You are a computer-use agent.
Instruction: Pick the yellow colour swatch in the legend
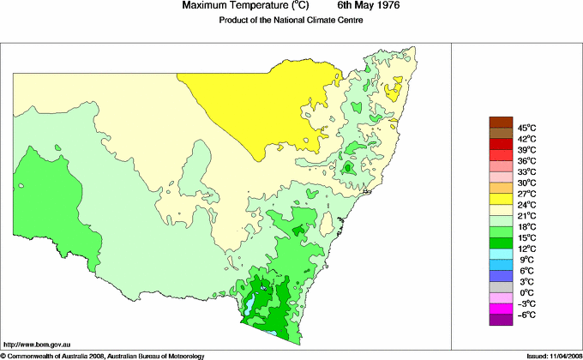(500, 199)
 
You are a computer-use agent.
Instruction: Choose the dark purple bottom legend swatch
(500, 320)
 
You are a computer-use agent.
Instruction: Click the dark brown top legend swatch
(500, 122)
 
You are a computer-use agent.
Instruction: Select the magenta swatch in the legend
(500, 309)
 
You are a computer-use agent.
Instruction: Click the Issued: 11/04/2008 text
(550, 355)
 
